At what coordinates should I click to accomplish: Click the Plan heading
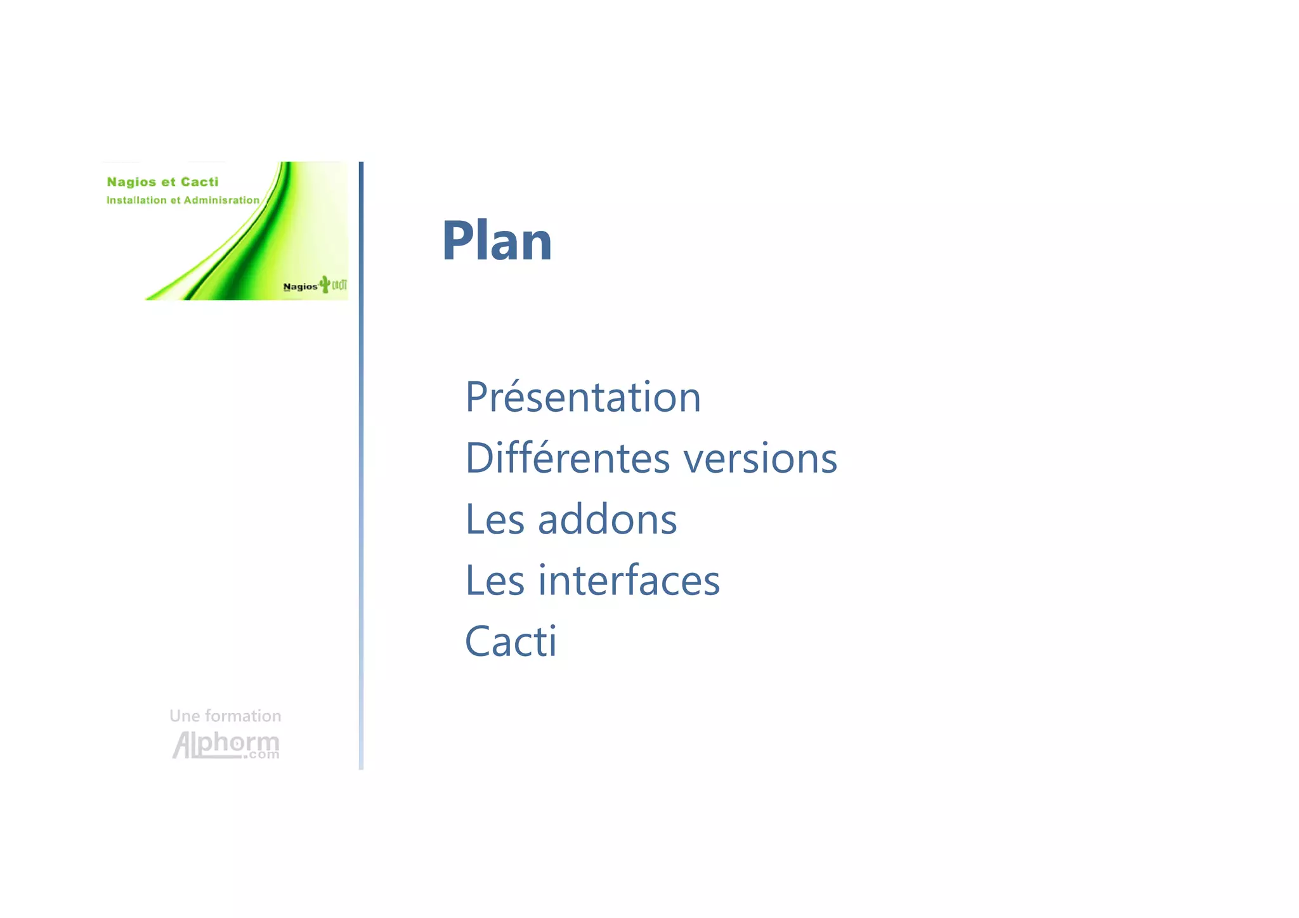click(x=497, y=240)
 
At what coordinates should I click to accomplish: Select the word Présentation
click(x=583, y=397)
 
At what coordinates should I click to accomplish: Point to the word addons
click(x=607, y=520)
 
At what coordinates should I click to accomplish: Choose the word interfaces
click(x=629, y=580)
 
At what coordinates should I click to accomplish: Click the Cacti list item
click(x=511, y=641)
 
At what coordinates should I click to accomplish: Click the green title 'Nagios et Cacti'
click(x=162, y=182)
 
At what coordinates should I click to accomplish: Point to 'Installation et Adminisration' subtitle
click(x=183, y=200)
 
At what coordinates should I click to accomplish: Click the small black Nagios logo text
click(x=300, y=287)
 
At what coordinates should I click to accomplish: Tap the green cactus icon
click(x=325, y=284)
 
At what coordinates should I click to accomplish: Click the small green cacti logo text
click(x=339, y=285)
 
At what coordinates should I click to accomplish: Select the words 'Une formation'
click(x=225, y=716)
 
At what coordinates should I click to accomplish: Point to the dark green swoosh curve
click(x=254, y=247)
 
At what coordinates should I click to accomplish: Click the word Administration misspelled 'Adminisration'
click(x=221, y=200)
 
